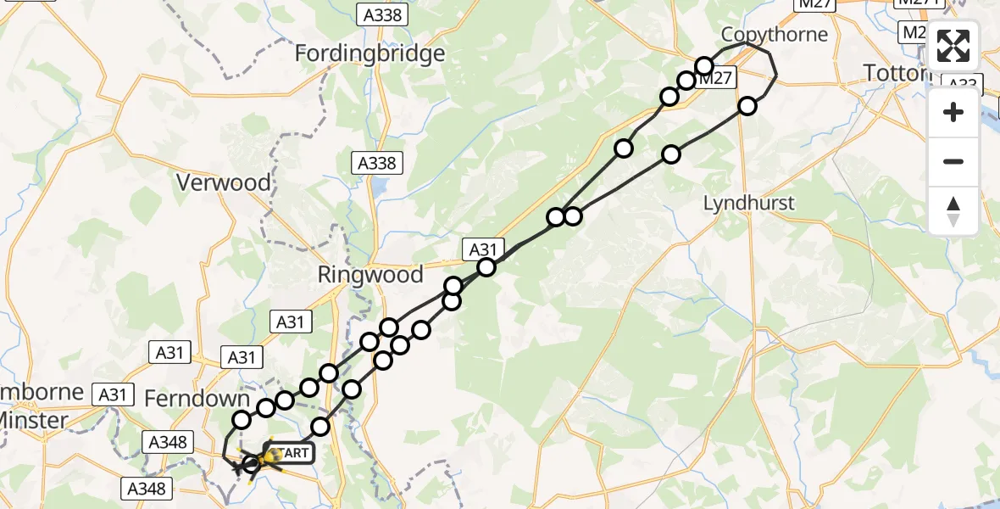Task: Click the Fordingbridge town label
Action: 369,53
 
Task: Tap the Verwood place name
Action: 224,182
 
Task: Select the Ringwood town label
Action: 369,275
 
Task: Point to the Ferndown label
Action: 197,399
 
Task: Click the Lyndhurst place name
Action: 750,203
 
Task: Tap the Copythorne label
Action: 774,34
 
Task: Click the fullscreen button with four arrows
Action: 953,46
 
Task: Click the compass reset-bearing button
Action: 953,211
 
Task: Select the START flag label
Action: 291,453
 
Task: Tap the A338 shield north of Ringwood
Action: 374,163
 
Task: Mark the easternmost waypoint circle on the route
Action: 747,106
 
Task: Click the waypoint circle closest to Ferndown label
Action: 242,419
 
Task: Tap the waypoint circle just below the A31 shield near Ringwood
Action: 486,268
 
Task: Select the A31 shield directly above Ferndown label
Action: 241,357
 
